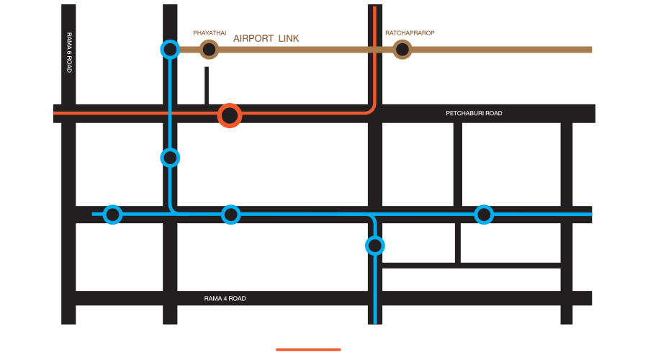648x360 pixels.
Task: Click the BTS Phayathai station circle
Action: [x=170, y=49]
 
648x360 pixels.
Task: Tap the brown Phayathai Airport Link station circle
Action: [x=209, y=49]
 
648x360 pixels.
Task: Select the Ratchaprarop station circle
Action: [x=402, y=49]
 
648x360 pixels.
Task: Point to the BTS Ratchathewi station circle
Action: [x=170, y=157]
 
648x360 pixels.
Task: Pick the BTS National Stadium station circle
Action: [x=112, y=215]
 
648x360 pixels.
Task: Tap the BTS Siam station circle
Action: [x=230, y=215]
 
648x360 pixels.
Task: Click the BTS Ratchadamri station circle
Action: [x=374, y=246]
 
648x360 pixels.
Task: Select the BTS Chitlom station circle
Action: [x=484, y=215]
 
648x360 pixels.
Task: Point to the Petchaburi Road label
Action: [x=474, y=114]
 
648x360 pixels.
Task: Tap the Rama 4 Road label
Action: [x=225, y=298]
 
